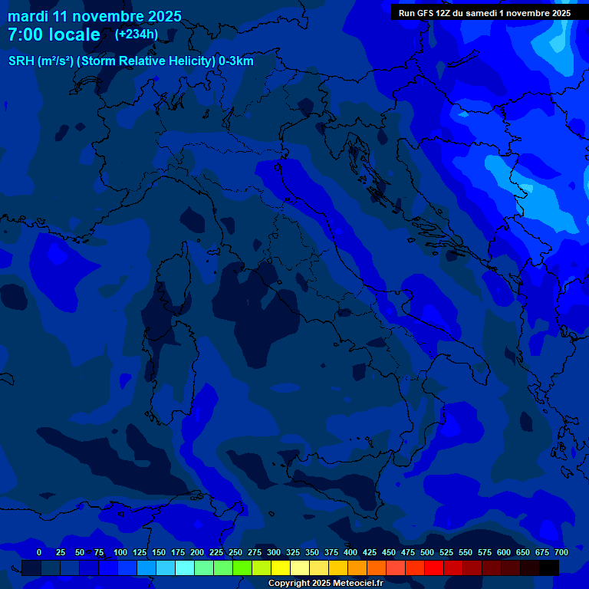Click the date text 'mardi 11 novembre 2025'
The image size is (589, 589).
click(x=94, y=16)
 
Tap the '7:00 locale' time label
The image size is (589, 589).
click(x=54, y=35)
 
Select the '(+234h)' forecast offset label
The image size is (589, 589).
click(x=137, y=34)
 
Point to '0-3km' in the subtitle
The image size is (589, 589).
click(x=236, y=61)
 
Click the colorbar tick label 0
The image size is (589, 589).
click(x=39, y=552)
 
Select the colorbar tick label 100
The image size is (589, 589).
click(x=120, y=552)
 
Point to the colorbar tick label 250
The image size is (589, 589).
click(x=235, y=552)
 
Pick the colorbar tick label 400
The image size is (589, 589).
click(x=350, y=552)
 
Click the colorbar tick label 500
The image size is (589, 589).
click(x=427, y=552)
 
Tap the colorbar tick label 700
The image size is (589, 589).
click(x=561, y=552)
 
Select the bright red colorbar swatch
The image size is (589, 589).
click(x=434, y=568)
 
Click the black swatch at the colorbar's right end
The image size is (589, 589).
click(x=549, y=568)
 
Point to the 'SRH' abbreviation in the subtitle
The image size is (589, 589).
click(x=21, y=61)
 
